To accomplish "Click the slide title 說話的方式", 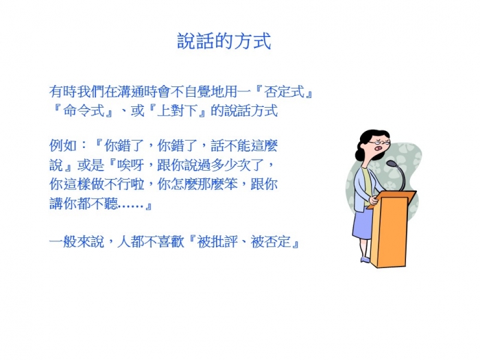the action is (224, 41).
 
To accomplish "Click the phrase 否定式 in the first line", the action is (284, 92).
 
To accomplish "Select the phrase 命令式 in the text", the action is (84, 110).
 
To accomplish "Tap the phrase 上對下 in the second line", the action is (177, 110).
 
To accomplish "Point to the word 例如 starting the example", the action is (62, 145).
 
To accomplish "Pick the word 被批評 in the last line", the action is (217, 241).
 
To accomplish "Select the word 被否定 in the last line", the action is (271, 241).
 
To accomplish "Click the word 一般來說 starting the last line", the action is (77, 241).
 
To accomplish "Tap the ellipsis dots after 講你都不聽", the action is (131, 206).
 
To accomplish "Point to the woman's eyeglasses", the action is (379, 143).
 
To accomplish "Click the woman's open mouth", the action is (379, 149).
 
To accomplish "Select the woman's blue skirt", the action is (363, 223).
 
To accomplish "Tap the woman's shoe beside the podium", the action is (365, 260).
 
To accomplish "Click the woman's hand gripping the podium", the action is (374, 200).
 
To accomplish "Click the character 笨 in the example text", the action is (230, 184).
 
